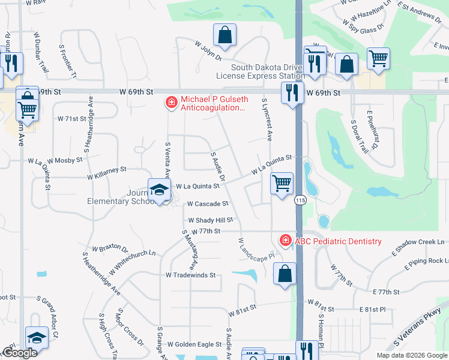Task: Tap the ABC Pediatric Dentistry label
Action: (x=338, y=241)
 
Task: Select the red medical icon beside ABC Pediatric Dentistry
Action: (x=286, y=241)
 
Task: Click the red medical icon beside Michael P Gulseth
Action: (x=171, y=103)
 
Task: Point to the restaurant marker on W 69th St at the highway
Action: (x=292, y=92)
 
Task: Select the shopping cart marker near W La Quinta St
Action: (x=282, y=182)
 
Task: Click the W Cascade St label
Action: (x=208, y=204)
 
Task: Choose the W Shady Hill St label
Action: (x=210, y=220)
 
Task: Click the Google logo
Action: (x=20, y=353)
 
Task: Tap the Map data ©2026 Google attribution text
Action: (x=411, y=355)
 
